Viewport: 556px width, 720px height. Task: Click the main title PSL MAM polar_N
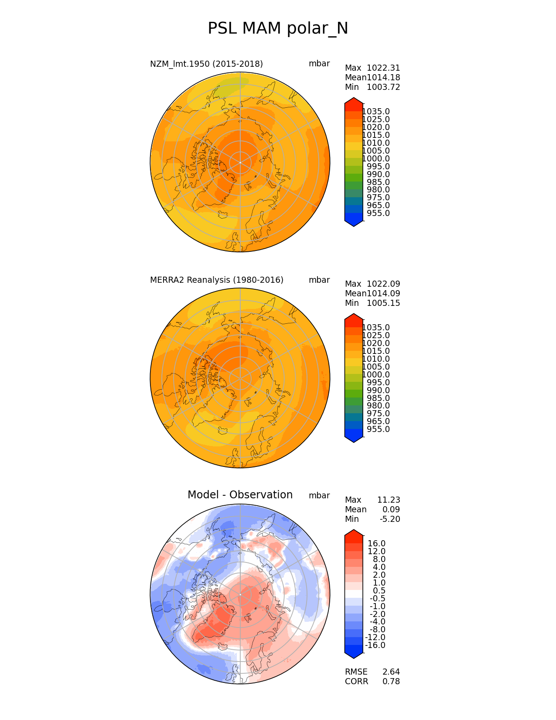(x=278, y=29)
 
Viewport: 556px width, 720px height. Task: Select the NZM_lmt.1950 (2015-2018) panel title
(x=206, y=64)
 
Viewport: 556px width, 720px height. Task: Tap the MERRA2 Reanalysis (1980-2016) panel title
(x=217, y=280)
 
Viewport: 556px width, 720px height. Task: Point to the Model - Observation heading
(x=240, y=495)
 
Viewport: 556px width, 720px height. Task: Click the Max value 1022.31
(x=383, y=68)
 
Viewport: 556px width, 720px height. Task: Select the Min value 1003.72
(x=383, y=87)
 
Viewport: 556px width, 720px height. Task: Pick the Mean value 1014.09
(x=383, y=294)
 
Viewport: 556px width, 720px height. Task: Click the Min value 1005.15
(x=383, y=303)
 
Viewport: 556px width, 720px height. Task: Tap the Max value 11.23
(x=389, y=500)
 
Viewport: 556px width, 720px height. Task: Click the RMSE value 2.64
(x=391, y=672)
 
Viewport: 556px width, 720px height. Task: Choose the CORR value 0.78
(x=391, y=682)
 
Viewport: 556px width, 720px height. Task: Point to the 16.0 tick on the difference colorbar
(x=377, y=544)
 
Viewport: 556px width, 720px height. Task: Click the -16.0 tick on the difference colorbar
(x=375, y=645)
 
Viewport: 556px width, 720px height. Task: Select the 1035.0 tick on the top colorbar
(x=376, y=112)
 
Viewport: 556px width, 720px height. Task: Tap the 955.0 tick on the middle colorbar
(x=378, y=429)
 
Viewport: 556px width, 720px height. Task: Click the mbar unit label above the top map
(x=319, y=64)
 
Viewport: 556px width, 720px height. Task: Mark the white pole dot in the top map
(x=240, y=162)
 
